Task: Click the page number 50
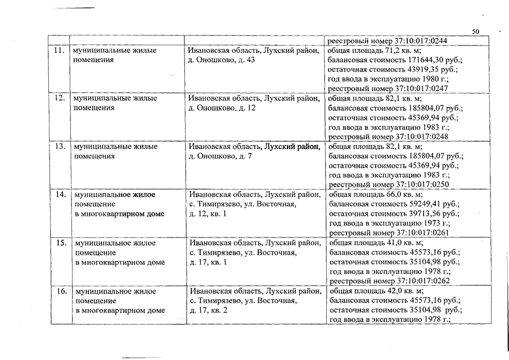[475, 31]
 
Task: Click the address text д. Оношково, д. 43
[222, 60]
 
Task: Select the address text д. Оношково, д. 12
[222, 108]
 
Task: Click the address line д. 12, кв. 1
[209, 214]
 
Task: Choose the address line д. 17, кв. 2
[209, 310]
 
